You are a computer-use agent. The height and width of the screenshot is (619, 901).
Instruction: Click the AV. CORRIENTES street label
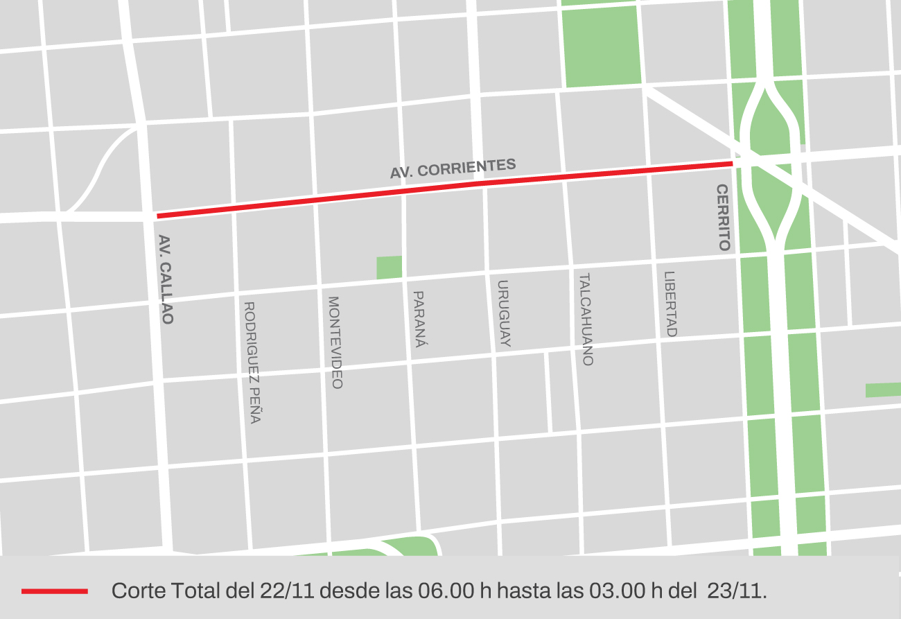coord(453,168)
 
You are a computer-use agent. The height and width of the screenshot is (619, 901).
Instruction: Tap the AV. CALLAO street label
coord(166,279)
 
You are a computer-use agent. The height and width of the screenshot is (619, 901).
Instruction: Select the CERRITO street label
coord(724,217)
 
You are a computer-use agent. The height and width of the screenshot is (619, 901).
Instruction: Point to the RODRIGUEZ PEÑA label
coord(252,362)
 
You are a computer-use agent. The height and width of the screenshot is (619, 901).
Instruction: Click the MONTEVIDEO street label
coord(335,342)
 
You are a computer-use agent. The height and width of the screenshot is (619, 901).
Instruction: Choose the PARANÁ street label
coord(419,318)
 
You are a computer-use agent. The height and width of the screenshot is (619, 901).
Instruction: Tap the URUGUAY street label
coord(504,313)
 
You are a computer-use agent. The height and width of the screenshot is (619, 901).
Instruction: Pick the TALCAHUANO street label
coord(586,319)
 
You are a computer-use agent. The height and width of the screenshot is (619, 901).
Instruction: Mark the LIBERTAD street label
coord(670,304)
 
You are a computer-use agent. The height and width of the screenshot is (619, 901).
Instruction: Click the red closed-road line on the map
coord(444,189)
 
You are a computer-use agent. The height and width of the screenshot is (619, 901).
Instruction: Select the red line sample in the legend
coord(55,591)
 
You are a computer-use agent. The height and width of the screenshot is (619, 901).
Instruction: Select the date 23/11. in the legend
coord(737,591)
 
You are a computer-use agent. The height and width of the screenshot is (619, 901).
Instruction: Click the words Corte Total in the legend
coord(166,591)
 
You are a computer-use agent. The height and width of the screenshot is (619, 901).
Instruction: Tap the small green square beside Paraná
coord(389,268)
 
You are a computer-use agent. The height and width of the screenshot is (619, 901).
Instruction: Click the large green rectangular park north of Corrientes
coord(602,46)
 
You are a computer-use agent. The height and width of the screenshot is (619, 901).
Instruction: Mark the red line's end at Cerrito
coord(732,163)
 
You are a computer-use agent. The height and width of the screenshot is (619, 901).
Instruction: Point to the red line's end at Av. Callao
coord(159,216)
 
